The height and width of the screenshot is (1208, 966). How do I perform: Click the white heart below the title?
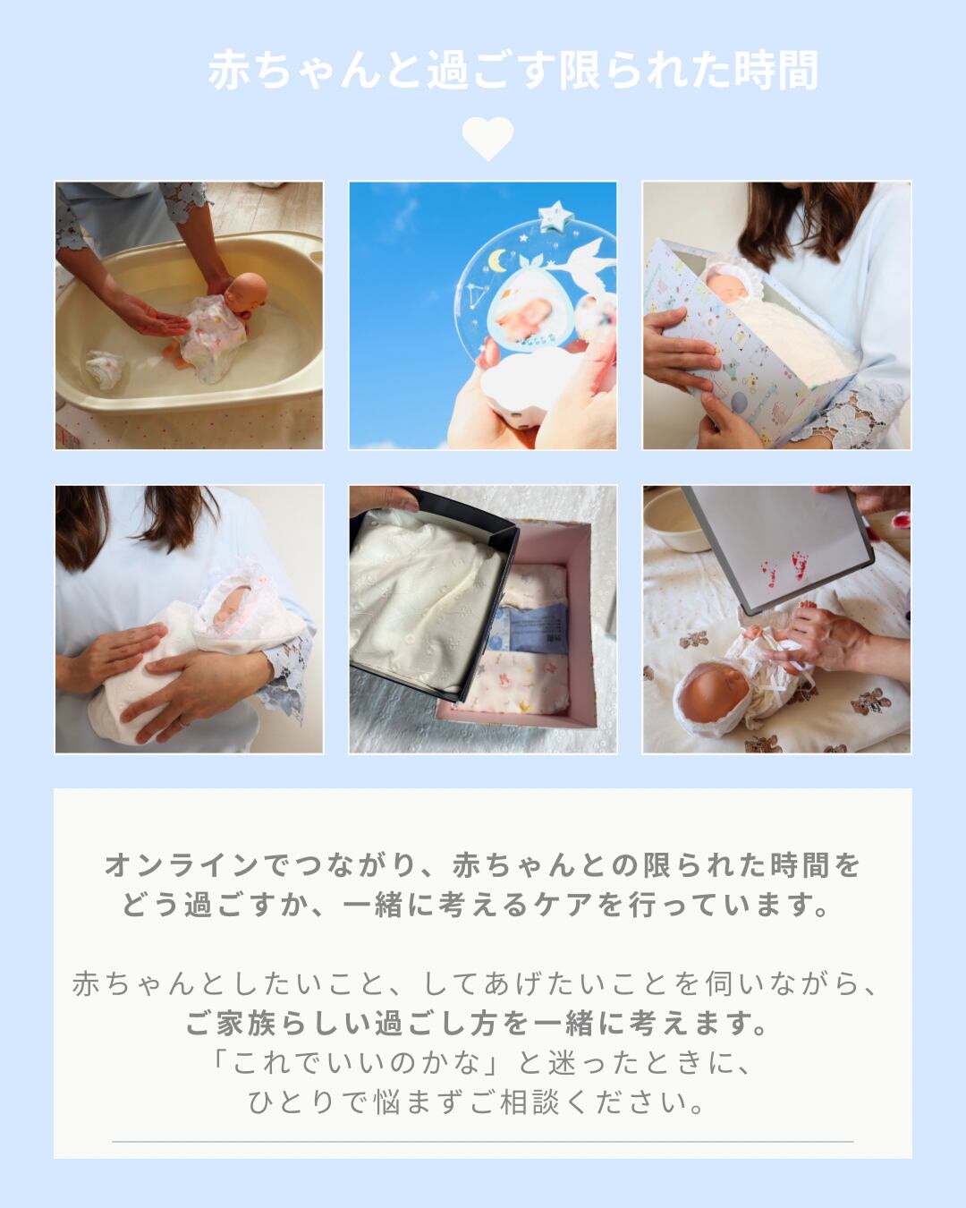point(487,138)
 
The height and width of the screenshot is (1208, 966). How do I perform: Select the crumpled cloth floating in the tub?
point(106,369)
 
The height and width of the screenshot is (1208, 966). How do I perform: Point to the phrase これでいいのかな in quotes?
point(355,1063)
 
